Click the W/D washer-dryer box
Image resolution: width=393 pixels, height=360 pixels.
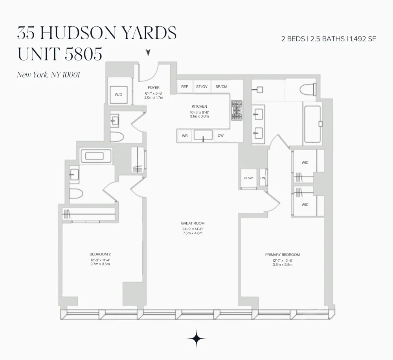click(x=119, y=95)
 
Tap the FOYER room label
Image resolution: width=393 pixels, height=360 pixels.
click(x=154, y=88)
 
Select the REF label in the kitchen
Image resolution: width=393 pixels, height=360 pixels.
click(x=184, y=87)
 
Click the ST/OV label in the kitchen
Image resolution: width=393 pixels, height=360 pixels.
click(x=202, y=87)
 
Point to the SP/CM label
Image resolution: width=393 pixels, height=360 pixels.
click(x=221, y=87)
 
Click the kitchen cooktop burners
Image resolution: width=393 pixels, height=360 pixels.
click(x=237, y=110)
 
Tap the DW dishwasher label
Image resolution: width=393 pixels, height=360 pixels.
click(x=220, y=136)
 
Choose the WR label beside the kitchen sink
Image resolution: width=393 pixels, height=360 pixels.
click(x=185, y=136)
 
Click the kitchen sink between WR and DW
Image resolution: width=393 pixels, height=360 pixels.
click(x=203, y=135)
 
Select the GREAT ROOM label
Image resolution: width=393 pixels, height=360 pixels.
click(x=193, y=223)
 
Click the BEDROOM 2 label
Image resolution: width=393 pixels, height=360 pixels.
click(x=100, y=254)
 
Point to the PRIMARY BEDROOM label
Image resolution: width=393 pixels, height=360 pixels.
click(x=283, y=255)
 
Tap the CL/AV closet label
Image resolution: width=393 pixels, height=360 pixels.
click(x=248, y=178)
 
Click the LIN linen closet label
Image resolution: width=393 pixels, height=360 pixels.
click(x=263, y=178)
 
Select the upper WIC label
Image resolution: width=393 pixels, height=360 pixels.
click(x=305, y=163)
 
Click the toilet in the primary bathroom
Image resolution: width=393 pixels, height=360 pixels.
click(x=308, y=90)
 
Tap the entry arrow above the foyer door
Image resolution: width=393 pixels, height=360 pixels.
click(x=149, y=52)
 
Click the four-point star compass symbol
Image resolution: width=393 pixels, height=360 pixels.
click(x=196, y=339)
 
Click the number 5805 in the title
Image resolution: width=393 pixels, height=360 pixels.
click(x=83, y=54)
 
